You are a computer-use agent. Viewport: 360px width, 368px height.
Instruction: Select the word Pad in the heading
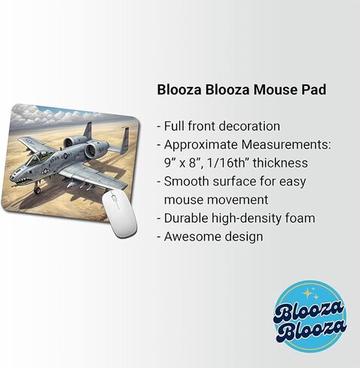(x=314, y=89)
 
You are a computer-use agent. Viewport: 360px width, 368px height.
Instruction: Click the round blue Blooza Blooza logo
(x=309, y=317)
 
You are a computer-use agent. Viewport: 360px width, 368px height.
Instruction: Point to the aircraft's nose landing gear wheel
(x=37, y=190)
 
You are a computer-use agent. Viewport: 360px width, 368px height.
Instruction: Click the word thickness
(x=283, y=162)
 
